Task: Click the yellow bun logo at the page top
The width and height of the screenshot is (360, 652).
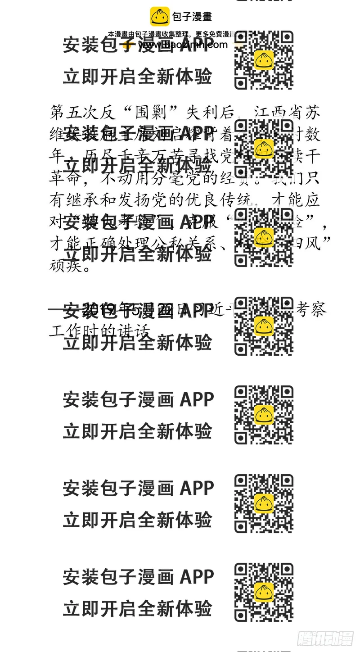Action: (x=160, y=17)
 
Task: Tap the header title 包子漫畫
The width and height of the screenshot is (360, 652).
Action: (x=192, y=17)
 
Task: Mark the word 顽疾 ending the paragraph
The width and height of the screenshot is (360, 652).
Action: (x=64, y=266)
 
